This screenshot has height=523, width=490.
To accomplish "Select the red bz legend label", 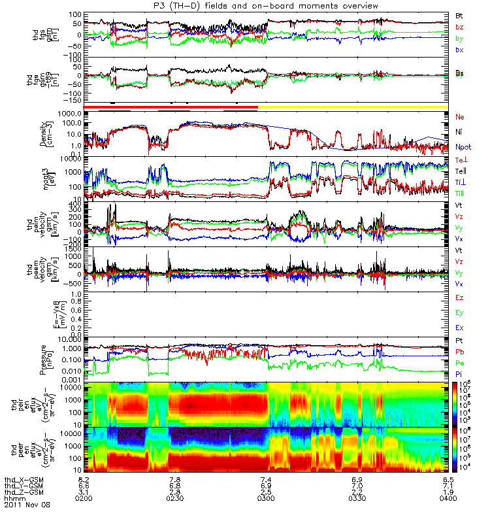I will click(x=460, y=26).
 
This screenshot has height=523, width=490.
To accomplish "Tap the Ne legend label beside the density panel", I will click(x=460, y=116).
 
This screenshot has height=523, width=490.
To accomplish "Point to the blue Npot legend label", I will click(x=463, y=147).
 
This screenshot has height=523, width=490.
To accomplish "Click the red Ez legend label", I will click(x=460, y=298).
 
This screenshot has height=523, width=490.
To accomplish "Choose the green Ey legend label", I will click(x=460, y=312).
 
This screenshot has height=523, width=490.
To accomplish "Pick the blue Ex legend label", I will click(x=460, y=327).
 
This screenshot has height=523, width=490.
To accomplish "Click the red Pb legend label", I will click(x=460, y=352).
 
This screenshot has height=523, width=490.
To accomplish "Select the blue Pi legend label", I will click(x=460, y=373).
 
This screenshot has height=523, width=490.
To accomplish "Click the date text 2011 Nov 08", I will click(x=26, y=505).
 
